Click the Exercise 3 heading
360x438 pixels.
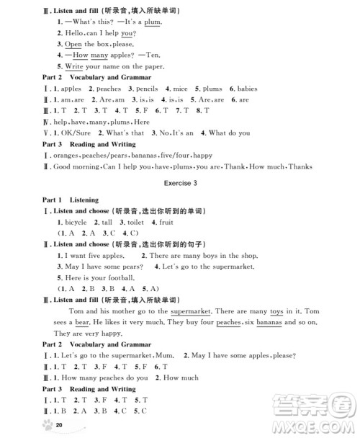coord(181,183)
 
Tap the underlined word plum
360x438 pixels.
coord(151,22)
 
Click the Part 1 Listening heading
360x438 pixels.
coord(71,200)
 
